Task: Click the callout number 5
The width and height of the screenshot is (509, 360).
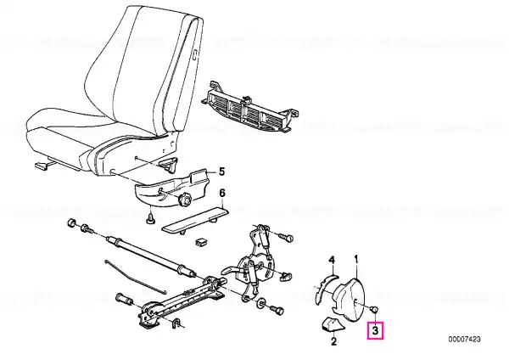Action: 221,172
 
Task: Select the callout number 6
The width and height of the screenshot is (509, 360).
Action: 222,193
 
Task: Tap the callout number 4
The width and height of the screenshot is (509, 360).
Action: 332,260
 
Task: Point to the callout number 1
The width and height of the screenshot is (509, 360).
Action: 356,259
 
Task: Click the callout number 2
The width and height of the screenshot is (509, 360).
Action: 333,341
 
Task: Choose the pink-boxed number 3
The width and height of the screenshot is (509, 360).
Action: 375,331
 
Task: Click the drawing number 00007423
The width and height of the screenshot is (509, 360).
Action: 464,340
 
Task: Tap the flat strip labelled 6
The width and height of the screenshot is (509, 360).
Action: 196,221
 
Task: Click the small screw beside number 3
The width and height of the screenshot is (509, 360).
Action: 374,309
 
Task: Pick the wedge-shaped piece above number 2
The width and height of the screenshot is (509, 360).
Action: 330,324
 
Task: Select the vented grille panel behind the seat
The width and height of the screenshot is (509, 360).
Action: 249,107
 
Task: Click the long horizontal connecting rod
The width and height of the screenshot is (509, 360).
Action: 151,256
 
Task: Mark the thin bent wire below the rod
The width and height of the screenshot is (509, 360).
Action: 135,277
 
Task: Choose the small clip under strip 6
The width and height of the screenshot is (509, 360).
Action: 201,242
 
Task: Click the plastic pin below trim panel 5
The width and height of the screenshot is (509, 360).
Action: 150,219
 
